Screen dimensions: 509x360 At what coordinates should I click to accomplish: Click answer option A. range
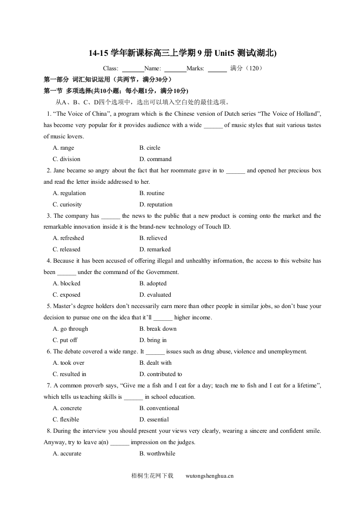click(64, 148)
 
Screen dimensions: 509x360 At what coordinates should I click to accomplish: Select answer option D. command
click(155, 159)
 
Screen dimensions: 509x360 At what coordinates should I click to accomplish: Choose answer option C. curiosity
click(67, 205)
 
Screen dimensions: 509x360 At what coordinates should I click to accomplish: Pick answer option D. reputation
click(156, 205)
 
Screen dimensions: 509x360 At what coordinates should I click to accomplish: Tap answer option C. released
click(66, 250)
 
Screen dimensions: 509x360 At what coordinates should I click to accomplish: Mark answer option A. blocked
click(66, 284)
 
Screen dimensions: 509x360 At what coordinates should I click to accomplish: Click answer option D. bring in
click(153, 340)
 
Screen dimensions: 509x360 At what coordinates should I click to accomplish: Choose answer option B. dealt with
click(155, 363)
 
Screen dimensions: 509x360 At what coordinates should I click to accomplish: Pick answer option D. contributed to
click(161, 374)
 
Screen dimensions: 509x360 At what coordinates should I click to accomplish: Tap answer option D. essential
click(154, 420)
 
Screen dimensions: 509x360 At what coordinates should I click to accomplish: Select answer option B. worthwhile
click(157, 454)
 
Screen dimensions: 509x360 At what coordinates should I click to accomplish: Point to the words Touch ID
click(218, 227)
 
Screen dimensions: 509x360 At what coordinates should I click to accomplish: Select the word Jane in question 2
click(60, 171)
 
